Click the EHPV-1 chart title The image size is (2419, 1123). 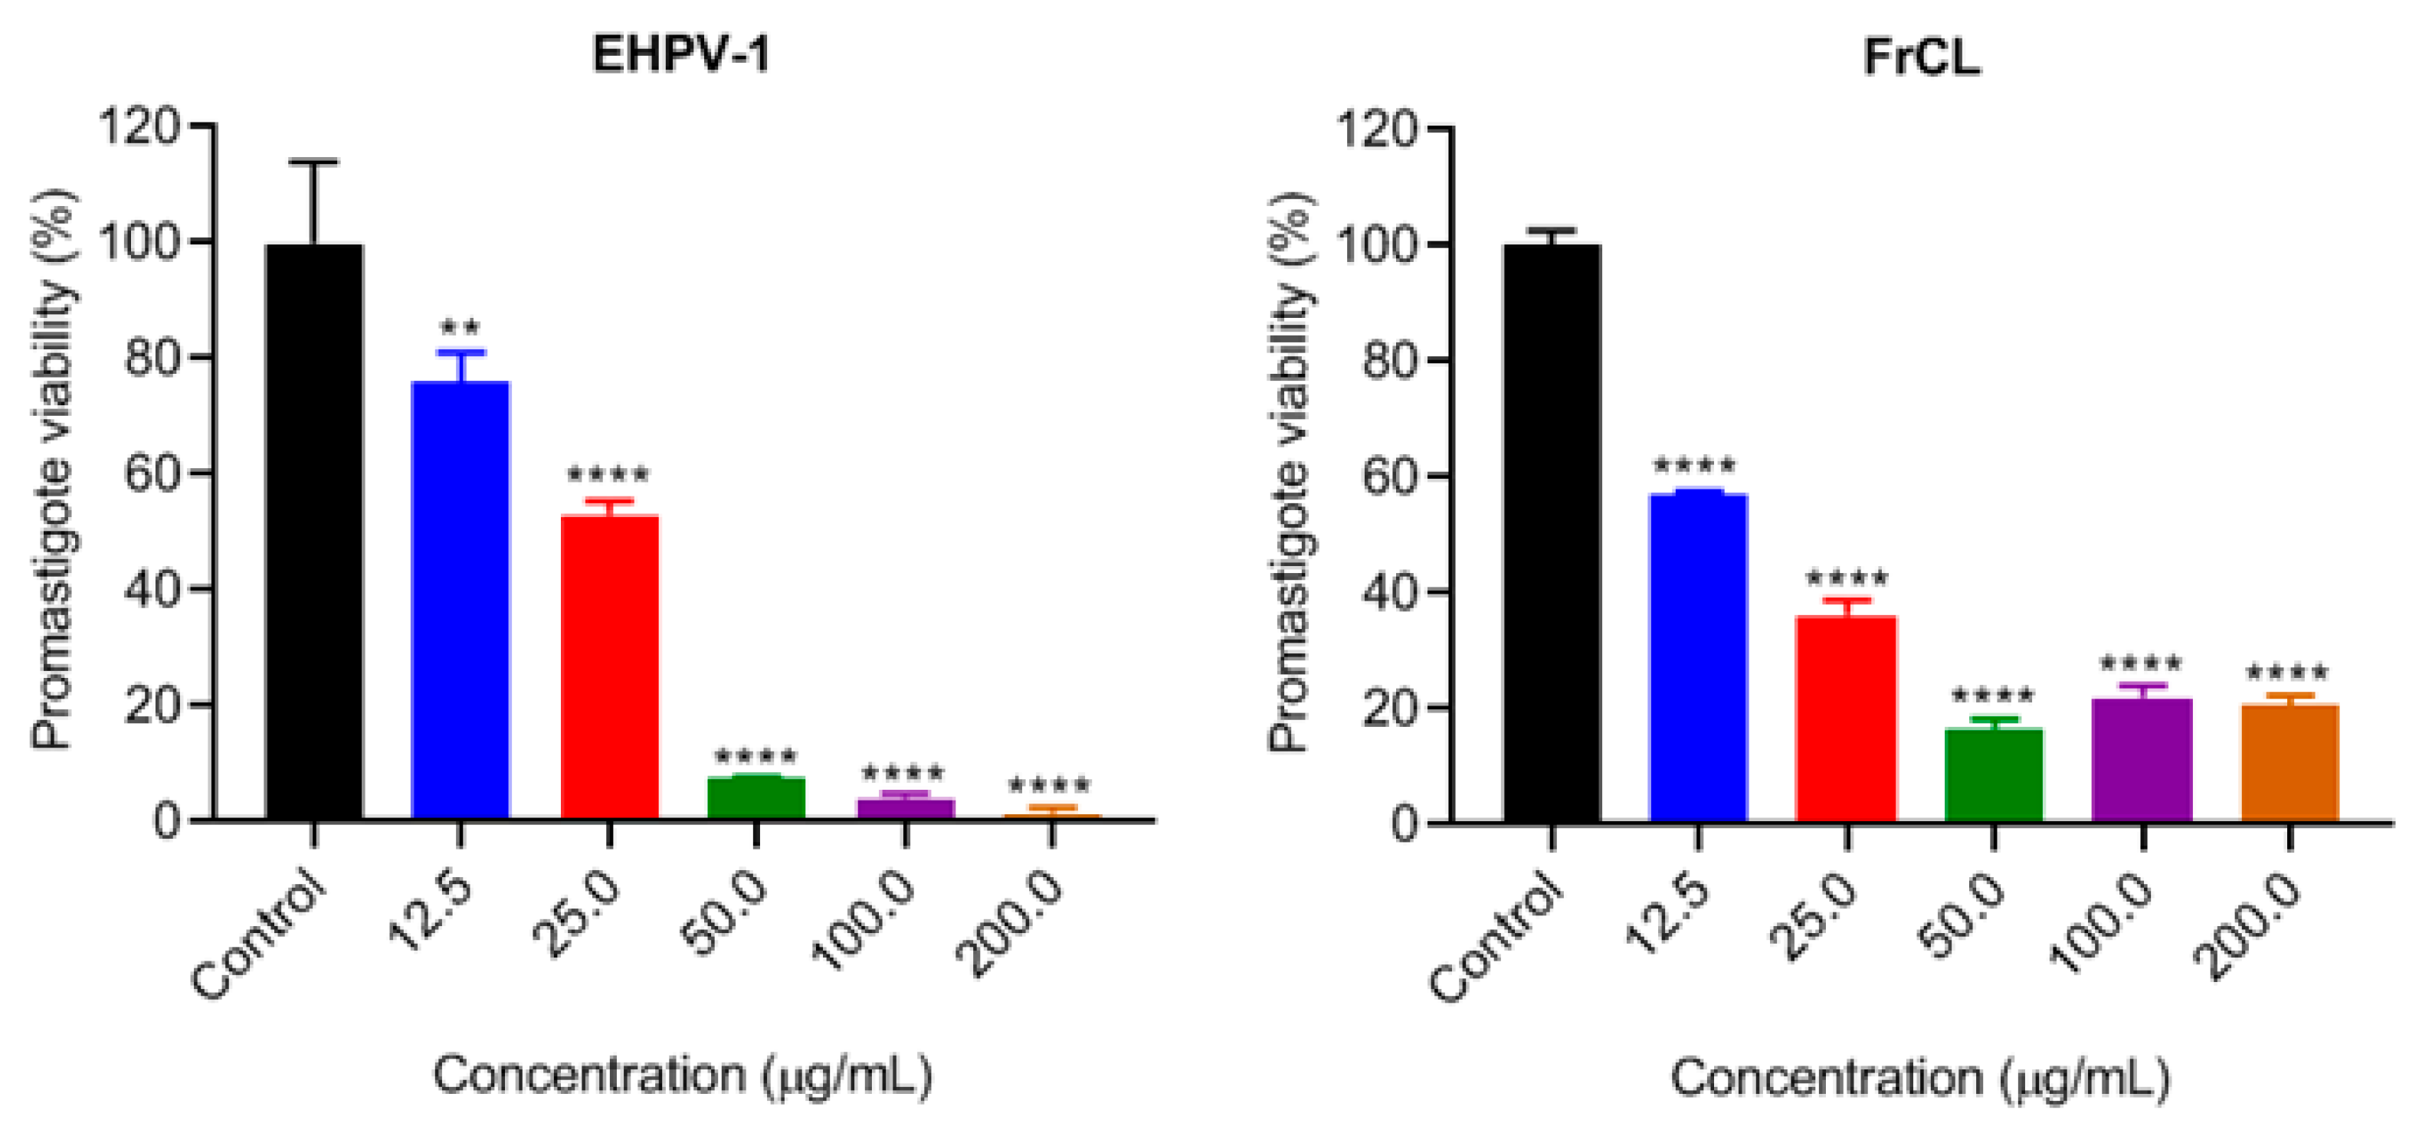681,54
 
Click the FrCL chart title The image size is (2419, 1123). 1921,57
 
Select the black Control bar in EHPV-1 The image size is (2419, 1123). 313,532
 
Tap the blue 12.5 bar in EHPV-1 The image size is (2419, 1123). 461,601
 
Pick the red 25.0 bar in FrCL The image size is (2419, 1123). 1846,719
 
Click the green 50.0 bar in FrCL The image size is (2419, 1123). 1994,774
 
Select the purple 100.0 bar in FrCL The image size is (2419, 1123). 2142,761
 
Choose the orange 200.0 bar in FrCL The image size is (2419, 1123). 2290,762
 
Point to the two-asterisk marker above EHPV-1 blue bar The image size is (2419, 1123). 461,329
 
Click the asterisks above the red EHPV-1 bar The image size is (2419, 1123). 608,474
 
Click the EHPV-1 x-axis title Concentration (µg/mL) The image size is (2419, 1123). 683,1075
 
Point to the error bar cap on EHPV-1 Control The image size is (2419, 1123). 313,162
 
